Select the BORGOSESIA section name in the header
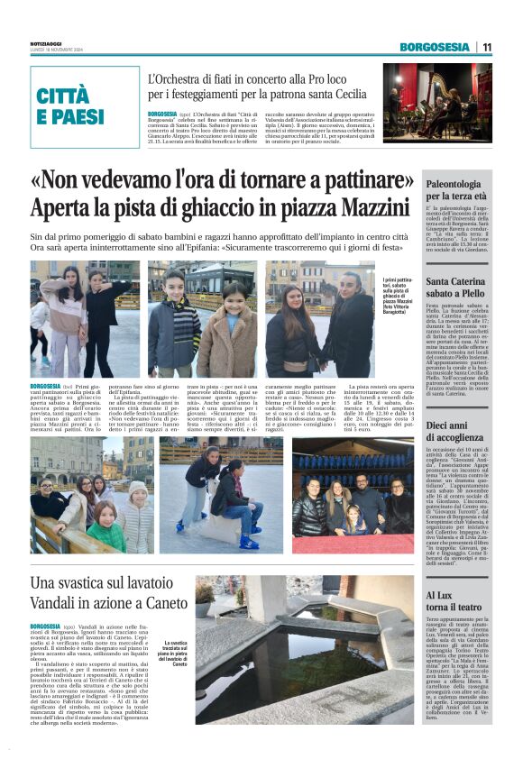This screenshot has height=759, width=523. (x=436, y=47)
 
